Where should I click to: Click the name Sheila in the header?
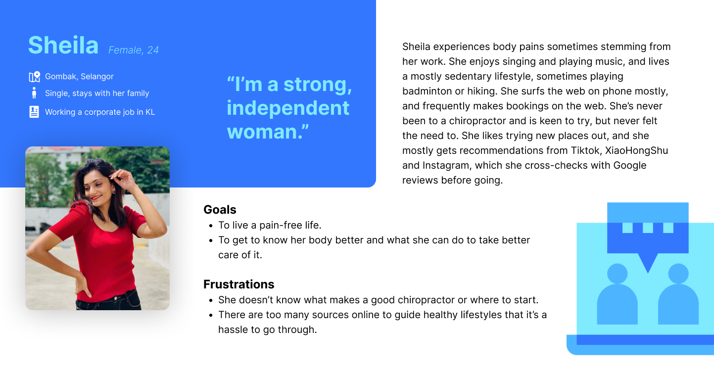[63, 45]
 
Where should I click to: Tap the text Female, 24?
[134, 50]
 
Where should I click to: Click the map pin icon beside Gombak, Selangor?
[35, 77]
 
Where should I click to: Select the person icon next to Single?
[34, 93]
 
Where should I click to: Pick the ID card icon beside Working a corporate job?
[34, 112]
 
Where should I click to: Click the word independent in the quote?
[288, 108]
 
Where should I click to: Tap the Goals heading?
[220, 210]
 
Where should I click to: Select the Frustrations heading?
[239, 284]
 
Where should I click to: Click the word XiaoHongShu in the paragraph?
[636, 150]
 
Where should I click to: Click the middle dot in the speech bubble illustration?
[648, 228]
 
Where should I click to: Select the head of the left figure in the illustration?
[617, 274]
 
